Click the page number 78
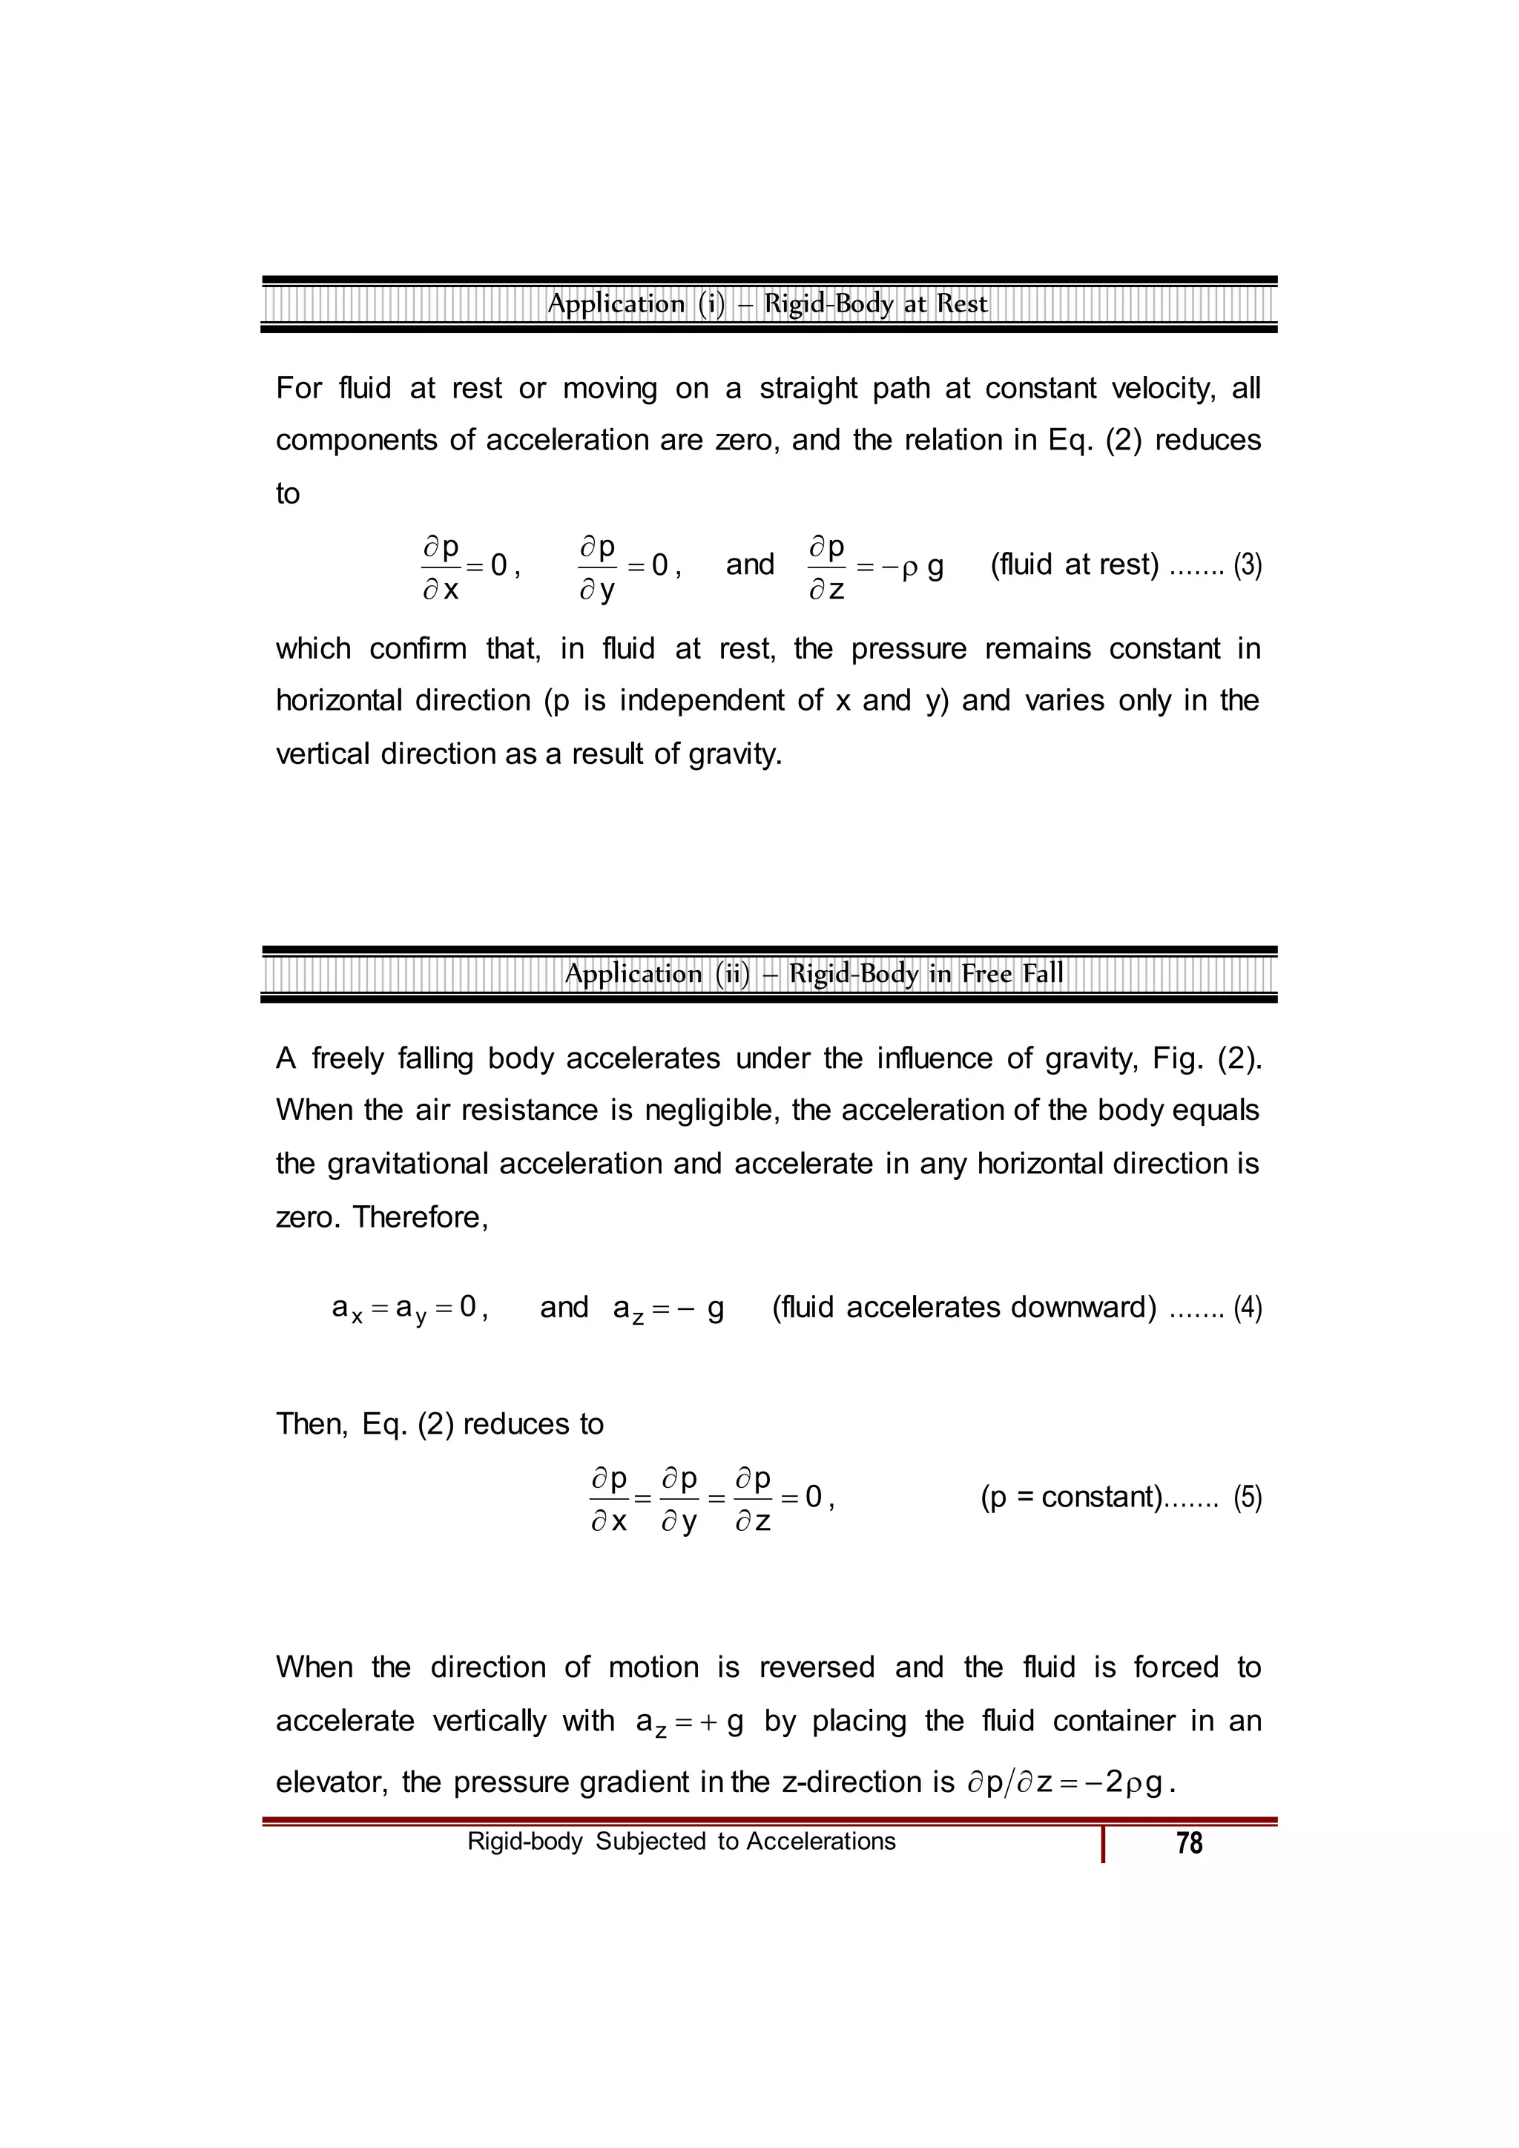(x=1189, y=1843)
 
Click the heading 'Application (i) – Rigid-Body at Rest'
(x=767, y=304)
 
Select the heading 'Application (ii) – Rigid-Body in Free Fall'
(x=814, y=974)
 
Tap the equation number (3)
(x=1247, y=565)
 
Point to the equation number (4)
(x=1247, y=1307)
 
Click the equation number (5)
(x=1247, y=1497)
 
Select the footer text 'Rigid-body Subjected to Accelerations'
(x=681, y=1841)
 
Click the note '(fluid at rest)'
(x=1074, y=564)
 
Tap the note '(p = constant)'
(x=1071, y=1497)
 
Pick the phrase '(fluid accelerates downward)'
(x=963, y=1307)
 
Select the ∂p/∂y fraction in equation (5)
(x=680, y=1499)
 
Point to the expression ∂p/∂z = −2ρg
(x=1069, y=1782)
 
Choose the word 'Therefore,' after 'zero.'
(x=421, y=1216)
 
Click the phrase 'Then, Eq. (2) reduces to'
(x=440, y=1424)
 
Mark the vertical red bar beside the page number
(x=1104, y=1845)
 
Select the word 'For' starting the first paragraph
(x=298, y=388)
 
